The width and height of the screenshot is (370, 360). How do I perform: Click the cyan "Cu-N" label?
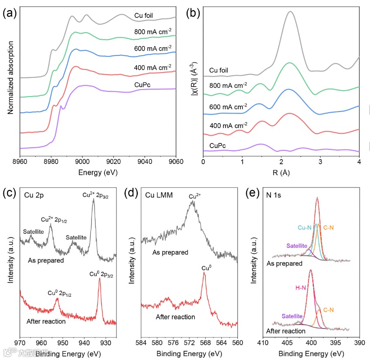[x=305, y=228]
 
